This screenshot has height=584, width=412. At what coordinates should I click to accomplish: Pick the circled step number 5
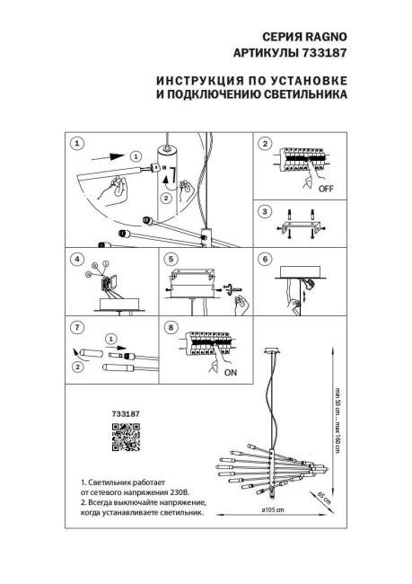click(171, 260)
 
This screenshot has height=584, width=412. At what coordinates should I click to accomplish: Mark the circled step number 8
click(171, 328)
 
